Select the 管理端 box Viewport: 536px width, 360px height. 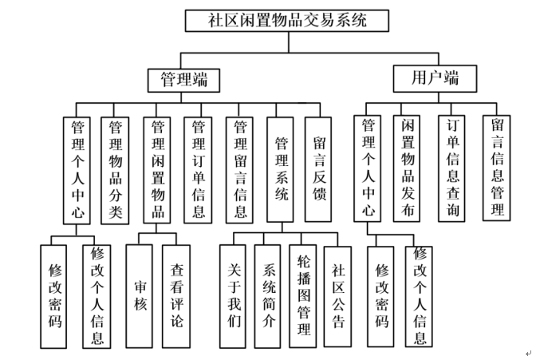click(x=184, y=79)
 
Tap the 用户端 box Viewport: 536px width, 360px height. click(x=435, y=78)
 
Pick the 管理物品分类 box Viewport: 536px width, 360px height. click(x=115, y=170)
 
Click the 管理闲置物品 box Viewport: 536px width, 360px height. click(x=158, y=170)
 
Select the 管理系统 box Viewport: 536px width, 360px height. click(x=280, y=170)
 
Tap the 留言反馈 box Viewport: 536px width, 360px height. click(x=321, y=170)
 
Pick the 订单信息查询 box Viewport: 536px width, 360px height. click(x=454, y=168)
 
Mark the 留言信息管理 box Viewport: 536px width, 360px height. click(x=497, y=168)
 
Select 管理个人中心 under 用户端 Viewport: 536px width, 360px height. click(x=368, y=168)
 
